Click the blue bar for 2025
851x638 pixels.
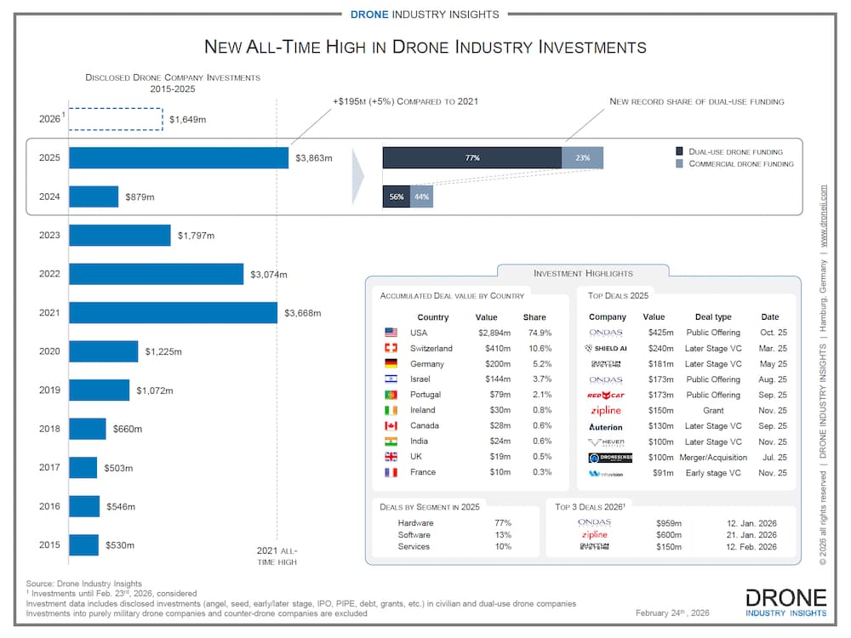[x=179, y=157]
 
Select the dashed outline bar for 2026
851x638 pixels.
[x=116, y=119]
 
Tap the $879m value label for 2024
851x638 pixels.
[x=141, y=197]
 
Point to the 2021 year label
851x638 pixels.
[x=49, y=312]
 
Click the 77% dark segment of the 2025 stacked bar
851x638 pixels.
[x=472, y=157]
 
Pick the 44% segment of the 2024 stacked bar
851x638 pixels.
[x=421, y=197]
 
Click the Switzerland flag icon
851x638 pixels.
[x=391, y=348]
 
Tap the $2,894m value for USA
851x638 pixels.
[x=494, y=333]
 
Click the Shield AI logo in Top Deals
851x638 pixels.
[x=606, y=348]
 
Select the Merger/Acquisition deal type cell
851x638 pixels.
[x=713, y=457]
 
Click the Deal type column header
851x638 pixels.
[x=713, y=317]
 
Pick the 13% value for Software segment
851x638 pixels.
[x=503, y=535]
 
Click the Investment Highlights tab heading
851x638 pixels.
[x=583, y=273]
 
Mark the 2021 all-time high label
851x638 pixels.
[x=277, y=556]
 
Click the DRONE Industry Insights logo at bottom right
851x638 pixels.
[x=785, y=601]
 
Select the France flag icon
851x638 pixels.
[x=391, y=472]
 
